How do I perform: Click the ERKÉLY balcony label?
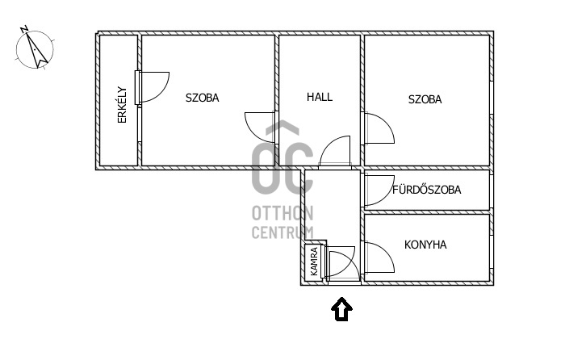pyautogui.click(x=123, y=105)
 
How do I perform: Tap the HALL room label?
pyautogui.click(x=320, y=97)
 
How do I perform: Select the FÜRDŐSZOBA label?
pyautogui.click(x=427, y=189)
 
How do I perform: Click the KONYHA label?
pyautogui.click(x=425, y=245)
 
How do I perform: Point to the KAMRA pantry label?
pyautogui.click(x=314, y=262)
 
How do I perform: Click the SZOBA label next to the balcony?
pyautogui.click(x=202, y=98)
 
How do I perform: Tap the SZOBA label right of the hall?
pyautogui.click(x=425, y=99)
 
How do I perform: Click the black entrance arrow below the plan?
pyautogui.click(x=341, y=309)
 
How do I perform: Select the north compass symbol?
pyautogui.click(x=35, y=48)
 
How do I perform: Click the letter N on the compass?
pyautogui.click(x=24, y=29)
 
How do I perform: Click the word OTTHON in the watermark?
pyautogui.click(x=282, y=213)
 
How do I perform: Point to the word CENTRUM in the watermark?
pyautogui.click(x=282, y=232)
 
